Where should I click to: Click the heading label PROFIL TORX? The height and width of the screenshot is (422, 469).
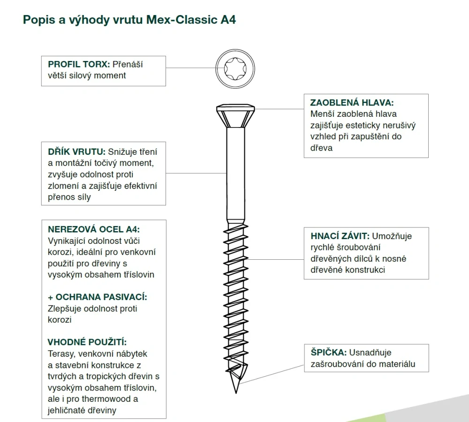[x=79, y=64]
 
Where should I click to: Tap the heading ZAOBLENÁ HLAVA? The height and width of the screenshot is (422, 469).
[x=352, y=103]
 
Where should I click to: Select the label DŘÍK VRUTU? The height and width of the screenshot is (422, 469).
[x=76, y=151]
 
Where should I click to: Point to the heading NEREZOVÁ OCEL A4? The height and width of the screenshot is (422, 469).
[x=94, y=229]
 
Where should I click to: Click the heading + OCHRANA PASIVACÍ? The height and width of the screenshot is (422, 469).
[x=98, y=297]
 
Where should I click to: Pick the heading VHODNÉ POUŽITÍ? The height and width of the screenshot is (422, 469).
[x=87, y=342]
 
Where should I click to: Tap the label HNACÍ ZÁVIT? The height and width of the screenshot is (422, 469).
[x=340, y=236]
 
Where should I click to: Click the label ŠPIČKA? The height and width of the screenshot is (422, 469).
[x=328, y=352]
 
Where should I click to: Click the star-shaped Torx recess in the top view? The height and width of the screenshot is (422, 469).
[x=235, y=69]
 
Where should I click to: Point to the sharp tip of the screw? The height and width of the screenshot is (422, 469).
[x=236, y=392]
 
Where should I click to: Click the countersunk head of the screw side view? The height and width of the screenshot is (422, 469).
[x=235, y=116]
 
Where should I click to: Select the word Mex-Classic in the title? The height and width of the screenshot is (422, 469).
[x=182, y=20]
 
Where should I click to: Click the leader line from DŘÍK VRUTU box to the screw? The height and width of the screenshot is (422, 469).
[x=196, y=173]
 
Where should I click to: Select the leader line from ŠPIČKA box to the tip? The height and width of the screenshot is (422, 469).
[x=272, y=374]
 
